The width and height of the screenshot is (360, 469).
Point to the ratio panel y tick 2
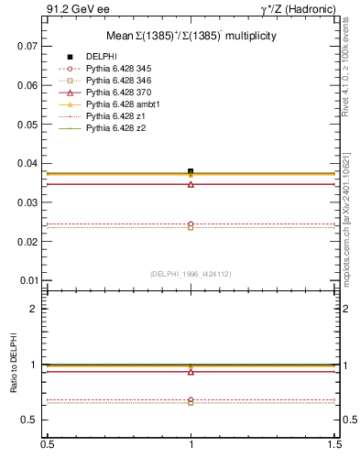[33, 309]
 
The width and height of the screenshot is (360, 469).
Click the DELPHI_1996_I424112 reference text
[191, 273]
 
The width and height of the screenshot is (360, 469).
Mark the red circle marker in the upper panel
[191, 224]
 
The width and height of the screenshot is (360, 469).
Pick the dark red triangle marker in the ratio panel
[191, 371]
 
